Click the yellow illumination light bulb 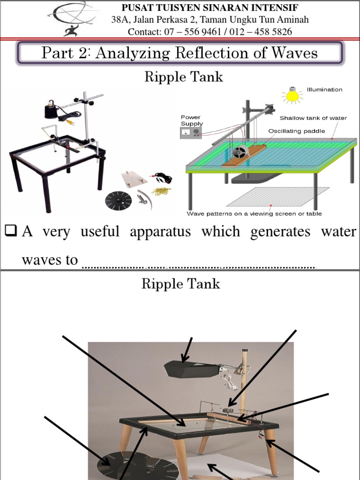(x=292, y=96)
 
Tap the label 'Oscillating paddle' (x=296, y=131)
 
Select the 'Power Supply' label (x=191, y=120)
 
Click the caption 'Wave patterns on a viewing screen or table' (x=254, y=214)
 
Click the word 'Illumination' (x=324, y=90)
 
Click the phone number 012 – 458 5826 (x=266, y=32)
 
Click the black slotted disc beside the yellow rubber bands (x=118, y=201)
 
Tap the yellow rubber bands (x=161, y=191)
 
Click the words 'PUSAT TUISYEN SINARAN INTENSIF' (x=210, y=7)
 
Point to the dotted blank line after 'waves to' (x=199, y=267)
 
